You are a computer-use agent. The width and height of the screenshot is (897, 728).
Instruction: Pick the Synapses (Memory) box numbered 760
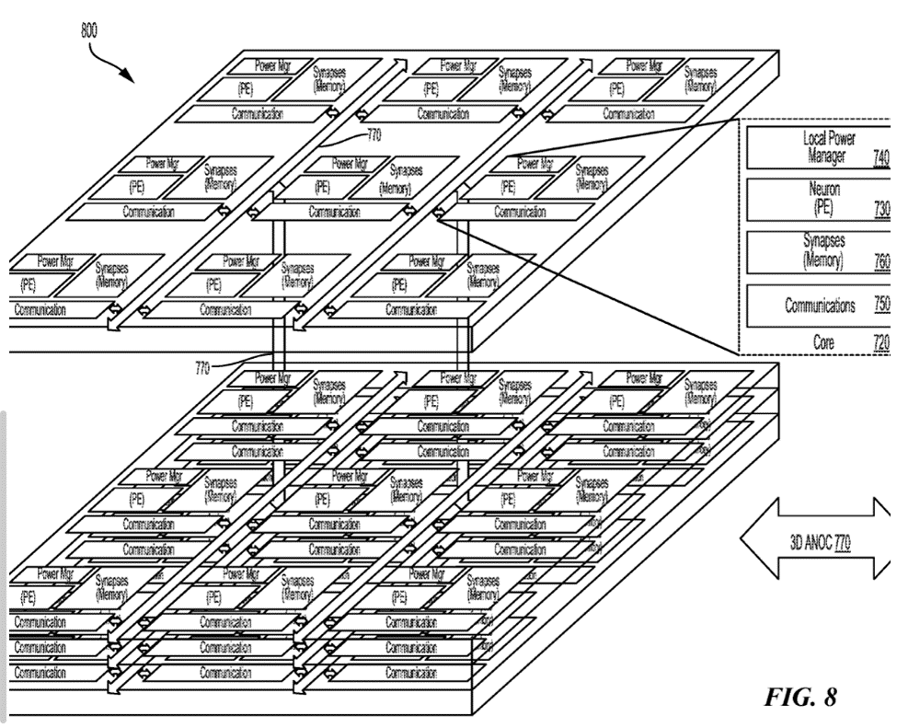coord(818,250)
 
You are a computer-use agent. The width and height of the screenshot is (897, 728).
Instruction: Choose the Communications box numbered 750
coord(818,306)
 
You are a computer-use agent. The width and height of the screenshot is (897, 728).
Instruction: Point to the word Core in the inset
coord(822,342)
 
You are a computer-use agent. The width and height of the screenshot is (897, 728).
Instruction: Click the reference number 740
coord(880,158)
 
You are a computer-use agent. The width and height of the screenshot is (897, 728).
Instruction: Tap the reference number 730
coord(880,209)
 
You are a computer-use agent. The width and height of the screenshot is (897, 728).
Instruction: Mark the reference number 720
coord(880,342)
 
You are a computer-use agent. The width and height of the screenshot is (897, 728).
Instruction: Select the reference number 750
coord(880,306)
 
